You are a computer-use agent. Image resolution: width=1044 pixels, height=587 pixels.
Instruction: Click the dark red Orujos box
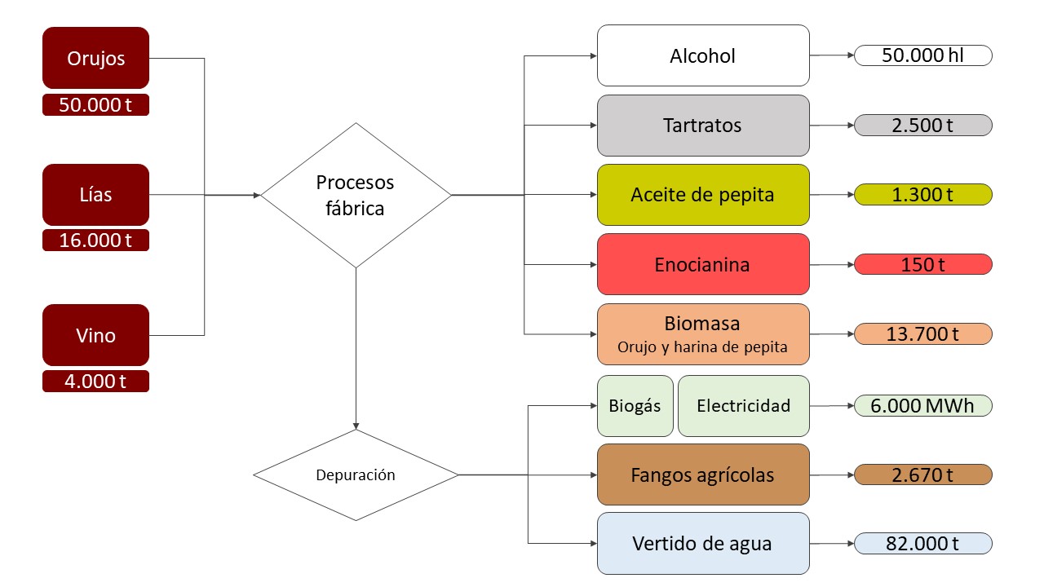[x=95, y=58]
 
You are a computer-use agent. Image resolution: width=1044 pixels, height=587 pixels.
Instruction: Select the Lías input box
[x=95, y=195]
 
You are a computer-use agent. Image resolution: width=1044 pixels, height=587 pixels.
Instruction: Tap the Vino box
[x=95, y=335]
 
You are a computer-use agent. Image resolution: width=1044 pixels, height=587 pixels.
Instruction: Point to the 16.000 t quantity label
[x=95, y=241]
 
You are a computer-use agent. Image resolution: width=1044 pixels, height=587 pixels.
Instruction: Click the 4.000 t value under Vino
[x=95, y=381]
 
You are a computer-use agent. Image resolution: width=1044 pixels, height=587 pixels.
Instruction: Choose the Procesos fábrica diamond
[x=356, y=195]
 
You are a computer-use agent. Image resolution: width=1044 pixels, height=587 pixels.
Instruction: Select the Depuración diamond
[x=356, y=474]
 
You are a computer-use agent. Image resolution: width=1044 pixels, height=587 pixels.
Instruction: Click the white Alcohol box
[x=703, y=55]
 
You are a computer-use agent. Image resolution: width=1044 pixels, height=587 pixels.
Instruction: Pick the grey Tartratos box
[x=703, y=126]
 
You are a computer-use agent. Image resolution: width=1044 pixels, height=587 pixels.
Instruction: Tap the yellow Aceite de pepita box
[x=703, y=195]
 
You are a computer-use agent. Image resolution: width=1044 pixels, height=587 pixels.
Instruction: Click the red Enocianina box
[x=703, y=264]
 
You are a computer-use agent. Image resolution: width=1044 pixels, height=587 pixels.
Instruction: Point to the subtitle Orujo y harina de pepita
[x=702, y=347]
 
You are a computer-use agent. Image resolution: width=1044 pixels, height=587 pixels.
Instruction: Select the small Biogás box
[x=635, y=405]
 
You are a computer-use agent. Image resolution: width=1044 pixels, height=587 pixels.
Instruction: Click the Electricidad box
[x=743, y=405]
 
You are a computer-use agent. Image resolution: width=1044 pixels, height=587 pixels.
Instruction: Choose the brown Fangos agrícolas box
[x=703, y=474]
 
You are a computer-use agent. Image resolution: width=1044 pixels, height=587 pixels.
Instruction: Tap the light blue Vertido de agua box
[x=703, y=543]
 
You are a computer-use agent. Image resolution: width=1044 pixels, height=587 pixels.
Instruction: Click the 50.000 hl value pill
[x=922, y=55]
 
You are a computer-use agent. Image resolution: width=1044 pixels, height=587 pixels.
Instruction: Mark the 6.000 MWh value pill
[x=922, y=405]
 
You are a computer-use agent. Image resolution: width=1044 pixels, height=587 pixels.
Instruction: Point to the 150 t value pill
[x=922, y=264]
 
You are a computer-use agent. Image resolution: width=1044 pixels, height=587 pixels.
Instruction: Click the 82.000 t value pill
[x=922, y=543]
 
